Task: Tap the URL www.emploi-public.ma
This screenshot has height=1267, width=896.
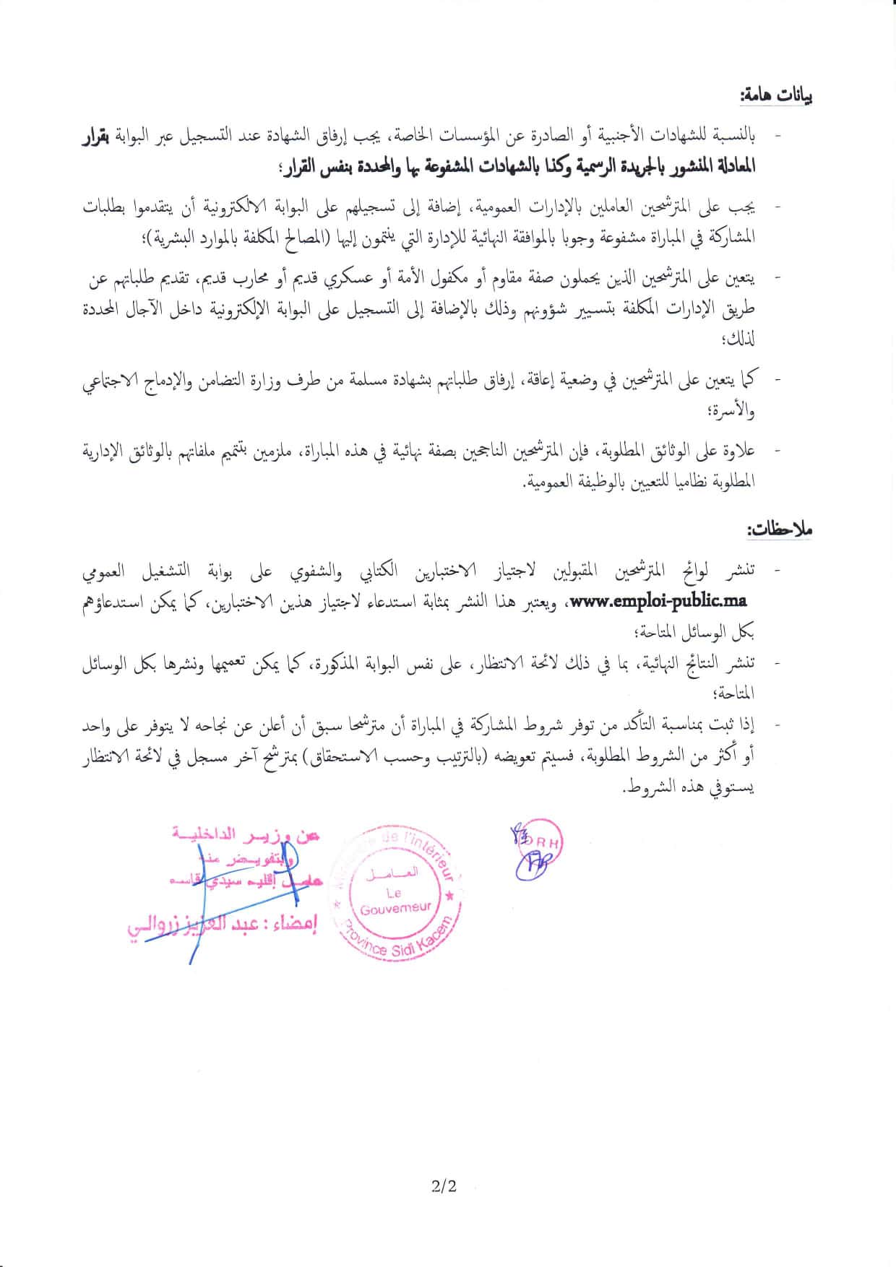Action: point(659,601)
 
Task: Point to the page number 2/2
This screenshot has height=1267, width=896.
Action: point(444,1185)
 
